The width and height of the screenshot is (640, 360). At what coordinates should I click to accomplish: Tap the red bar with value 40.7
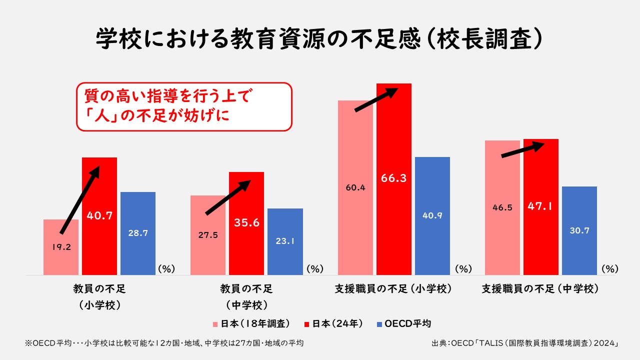(x=99, y=235)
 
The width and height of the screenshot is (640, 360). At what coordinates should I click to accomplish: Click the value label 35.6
(x=246, y=223)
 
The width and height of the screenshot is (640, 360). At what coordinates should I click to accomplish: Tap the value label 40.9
(x=432, y=216)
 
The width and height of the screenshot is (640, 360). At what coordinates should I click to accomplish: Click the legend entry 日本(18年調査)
(x=253, y=323)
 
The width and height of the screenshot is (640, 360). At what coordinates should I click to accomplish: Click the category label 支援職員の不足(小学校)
(x=393, y=289)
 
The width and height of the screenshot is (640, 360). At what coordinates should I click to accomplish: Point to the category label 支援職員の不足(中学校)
(x=540, y=289)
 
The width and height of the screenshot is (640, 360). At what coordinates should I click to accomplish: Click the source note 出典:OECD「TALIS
(x=525, y=343)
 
